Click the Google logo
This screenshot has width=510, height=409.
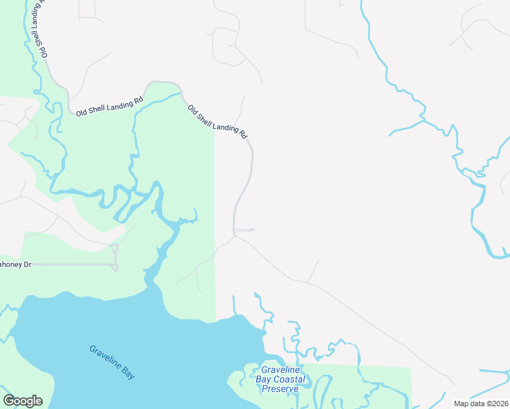click(22, 401)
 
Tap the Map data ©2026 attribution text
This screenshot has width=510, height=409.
click(481, 404)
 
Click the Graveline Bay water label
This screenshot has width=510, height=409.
click(112, 361)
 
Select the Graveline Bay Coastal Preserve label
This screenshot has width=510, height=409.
click(280, 379)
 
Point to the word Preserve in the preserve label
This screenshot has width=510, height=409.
click(280, 389)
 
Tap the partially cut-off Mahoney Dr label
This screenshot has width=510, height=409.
click(15, 264)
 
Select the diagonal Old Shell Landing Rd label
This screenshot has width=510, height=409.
click(217, 121)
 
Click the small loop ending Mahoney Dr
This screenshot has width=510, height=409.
click(115, 256)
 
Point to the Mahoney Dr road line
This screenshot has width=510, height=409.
click(68, 264)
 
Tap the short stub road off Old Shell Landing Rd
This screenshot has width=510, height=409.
click(245, 230)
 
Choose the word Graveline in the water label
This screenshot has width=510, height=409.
click(105, 358)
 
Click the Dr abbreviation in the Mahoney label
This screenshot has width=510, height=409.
click(27, 264)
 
